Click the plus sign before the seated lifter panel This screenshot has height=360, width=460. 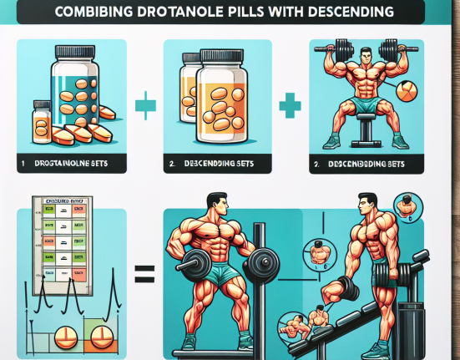click(x=291, y=107)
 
